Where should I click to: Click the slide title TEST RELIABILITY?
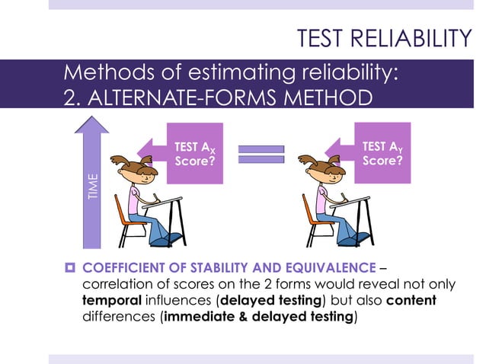point(383,38)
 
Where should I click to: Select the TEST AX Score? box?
point(196,153)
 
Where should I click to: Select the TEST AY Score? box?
point(383,152)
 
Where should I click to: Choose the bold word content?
point(411,300)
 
